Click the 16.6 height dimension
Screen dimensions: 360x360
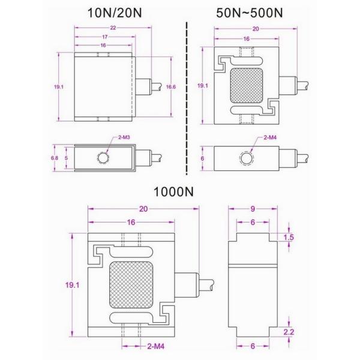tap(171, 87)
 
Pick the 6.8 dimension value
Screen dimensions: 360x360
tap(53, 158)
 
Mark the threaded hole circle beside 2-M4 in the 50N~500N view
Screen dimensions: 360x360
tap(246, 158)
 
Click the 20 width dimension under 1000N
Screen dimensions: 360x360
tap(143, 209)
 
